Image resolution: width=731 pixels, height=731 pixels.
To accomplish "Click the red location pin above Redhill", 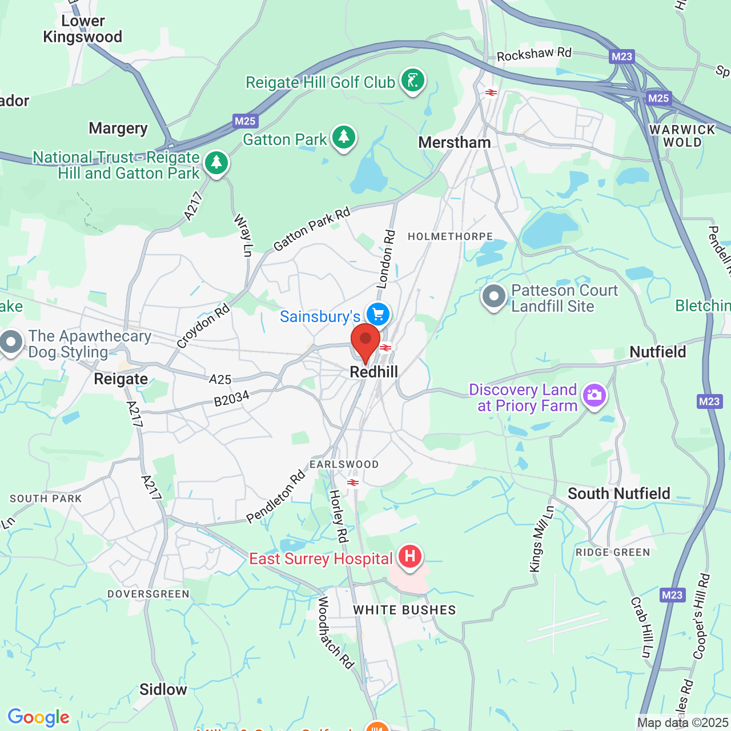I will (x=365, y=342).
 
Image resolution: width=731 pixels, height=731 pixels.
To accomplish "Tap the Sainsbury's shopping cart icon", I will (x=377, y=314).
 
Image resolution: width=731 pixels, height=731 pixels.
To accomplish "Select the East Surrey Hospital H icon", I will (x=409, y=556).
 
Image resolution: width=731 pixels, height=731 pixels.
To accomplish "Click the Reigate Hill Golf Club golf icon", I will (x=413, y=81).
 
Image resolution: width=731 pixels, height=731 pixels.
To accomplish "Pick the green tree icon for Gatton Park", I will (x=343, y=137).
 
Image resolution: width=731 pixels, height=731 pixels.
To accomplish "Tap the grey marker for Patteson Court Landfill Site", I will (x=493, y=296).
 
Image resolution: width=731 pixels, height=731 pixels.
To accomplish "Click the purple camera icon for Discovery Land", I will (x=594, y=395).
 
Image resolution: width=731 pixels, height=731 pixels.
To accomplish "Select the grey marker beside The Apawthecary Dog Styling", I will (x=11, y=343).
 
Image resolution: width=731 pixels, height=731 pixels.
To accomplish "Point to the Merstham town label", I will (x=455, y=142).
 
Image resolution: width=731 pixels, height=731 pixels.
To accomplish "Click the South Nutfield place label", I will (x=618, y=493).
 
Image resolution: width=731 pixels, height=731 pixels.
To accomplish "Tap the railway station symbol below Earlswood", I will (x=353, y=483).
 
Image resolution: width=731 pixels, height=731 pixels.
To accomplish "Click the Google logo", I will (x=38, y=717).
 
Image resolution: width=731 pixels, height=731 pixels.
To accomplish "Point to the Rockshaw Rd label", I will (x=533, y=54).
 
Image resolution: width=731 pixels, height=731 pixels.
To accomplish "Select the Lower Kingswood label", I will (x=83, y=29).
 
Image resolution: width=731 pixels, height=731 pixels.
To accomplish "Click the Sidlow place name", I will (x=163, y=689).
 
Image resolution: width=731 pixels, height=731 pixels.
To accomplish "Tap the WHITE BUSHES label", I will (x=404, y=610).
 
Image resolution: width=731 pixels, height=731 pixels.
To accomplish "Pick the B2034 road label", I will (x=232, y=398).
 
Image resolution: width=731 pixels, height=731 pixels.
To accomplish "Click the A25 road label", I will (x=220, y=379).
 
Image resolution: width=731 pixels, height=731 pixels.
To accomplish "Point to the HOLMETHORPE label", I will (x=450, y=236).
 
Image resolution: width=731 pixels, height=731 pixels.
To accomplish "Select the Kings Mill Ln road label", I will (x=541, y=539).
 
